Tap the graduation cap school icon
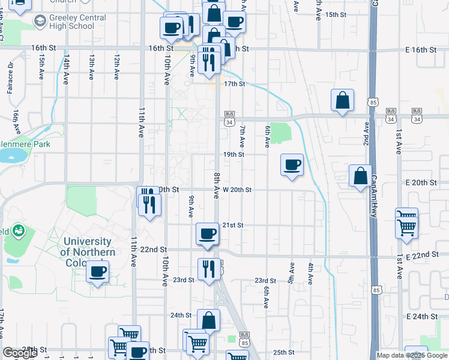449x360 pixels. pos(40,22)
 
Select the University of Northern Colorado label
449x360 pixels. pos(88,247)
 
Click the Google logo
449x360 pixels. pos(20,353)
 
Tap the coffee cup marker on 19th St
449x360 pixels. pos(292,164)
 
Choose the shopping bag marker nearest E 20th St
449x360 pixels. pos(360,176)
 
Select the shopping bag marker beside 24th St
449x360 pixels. pos(208,320)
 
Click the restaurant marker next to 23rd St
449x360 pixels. pos(208,268)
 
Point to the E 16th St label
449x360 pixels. pos(420,49)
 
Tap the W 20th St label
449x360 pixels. pos(236,190)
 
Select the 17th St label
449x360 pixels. pos(235,84)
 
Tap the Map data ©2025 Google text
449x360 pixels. pos(412,355)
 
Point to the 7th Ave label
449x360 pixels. pos(243,137)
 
